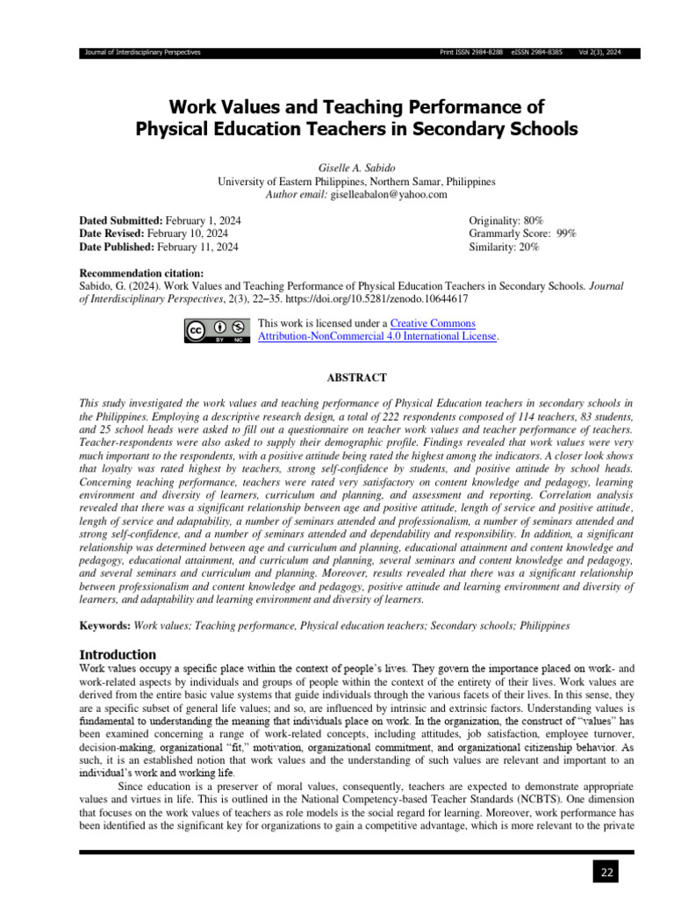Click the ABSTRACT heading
click(x=356, y=378)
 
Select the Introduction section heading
click(x=118, y=654)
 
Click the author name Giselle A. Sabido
click(x=356, y=168)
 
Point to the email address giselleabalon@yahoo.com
click(x=389, y=194)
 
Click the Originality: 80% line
click(x=506, y=220)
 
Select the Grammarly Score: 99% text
click(x=523, y=234)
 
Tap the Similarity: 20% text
click(x=505, y=248)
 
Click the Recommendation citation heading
click(x=141, y=274)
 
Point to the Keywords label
click(x=104, y=626)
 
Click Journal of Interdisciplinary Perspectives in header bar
click(x=141, y=53)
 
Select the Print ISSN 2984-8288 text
click(x=471, y=53)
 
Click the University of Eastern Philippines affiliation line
click(x=356, y=181)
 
